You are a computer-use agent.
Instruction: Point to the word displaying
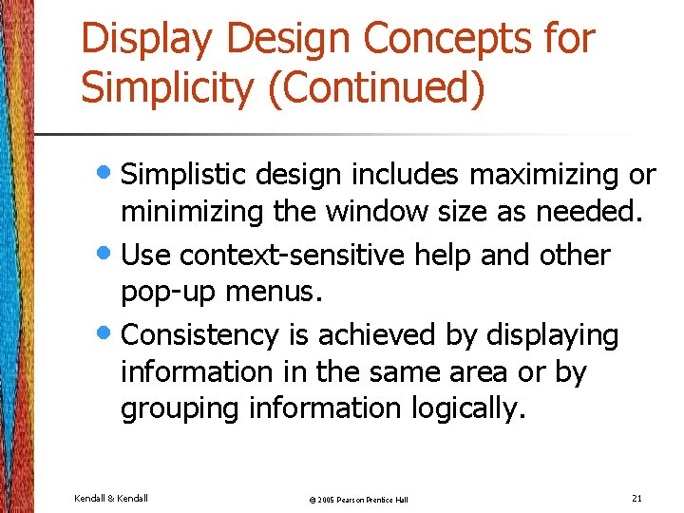(x=552, y=334)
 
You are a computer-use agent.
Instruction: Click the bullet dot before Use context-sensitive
(x=108, y=254)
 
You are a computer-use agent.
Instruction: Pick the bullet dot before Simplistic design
(x=108, y=174)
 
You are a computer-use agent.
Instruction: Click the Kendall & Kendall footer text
(x=110, y=498)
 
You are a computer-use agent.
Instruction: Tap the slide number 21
(x=636, y=498)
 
